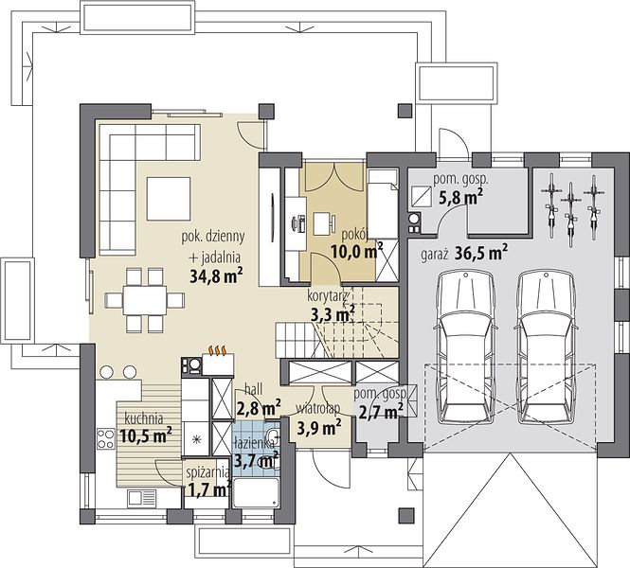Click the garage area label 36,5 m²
coord(481,253)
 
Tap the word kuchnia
coord(144,418)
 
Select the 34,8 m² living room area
coord(216,276)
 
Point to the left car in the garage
coord(466,346)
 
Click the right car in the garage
coord(546,346)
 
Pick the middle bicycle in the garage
coord(570,215)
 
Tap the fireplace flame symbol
coord(218,350)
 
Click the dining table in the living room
coord(145,300)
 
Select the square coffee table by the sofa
coord(169,199)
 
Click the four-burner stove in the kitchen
coord(106,438)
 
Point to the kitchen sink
coord(142,498)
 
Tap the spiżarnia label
coord(208,472)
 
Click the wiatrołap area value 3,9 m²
coord(319,428)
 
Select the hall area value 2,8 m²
coord(259,408)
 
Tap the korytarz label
coord(327,296)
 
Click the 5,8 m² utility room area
coord(460,197)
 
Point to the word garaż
coord(434,255)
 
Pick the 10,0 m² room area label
coord(357,251)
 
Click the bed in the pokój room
coord(384,204)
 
